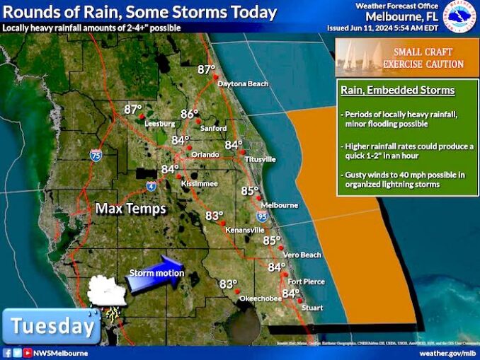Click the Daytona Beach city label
click(243, 84)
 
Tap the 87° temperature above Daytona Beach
click(206, 69)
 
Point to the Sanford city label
click(213, 128)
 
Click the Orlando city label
click(205, 155)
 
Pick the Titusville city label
click(260, 159)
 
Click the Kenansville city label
click(244, 231)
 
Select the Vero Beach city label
click(302, 255)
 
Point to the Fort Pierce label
click(306, 281)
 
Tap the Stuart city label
click(312, 308)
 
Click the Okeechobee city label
click(259, 298)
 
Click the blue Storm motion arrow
click(156, 272)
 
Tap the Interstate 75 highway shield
click(96, 155)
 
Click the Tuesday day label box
click(52, 326)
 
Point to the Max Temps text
click(131, 209)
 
